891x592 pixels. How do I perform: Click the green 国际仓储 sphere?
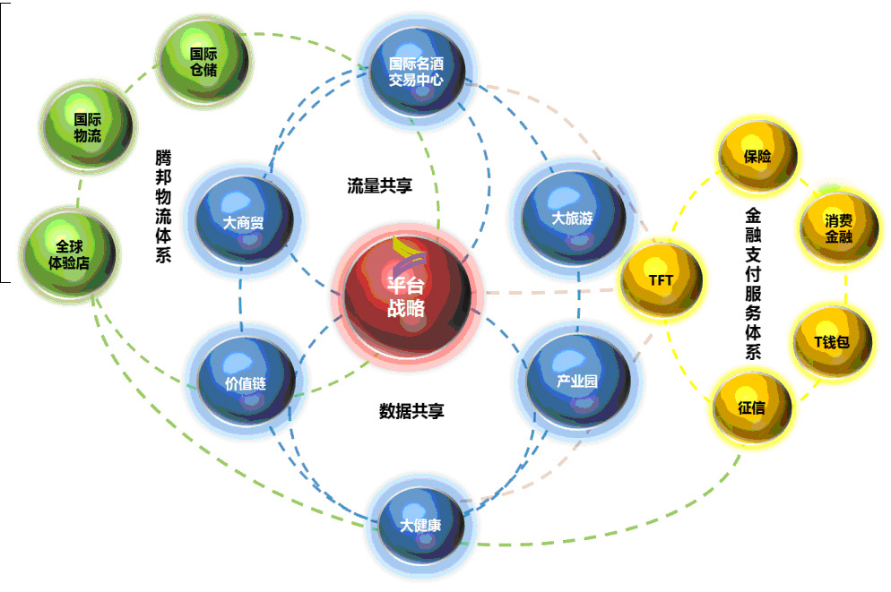click(203, 61)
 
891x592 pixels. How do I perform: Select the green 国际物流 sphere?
click(88, 126)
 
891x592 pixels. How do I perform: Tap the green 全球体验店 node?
click(70, 253)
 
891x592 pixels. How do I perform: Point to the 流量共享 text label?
click(379, 185)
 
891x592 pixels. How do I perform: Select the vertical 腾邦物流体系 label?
click(163, 205)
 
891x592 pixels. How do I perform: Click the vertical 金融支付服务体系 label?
click(752, 285)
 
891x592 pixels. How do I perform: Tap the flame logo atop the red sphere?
click(408, 248)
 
